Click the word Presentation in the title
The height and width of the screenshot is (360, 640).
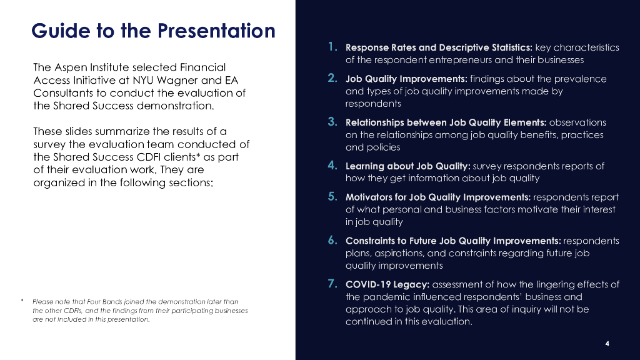click(216, 31)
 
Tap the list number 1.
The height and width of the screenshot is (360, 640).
click(333, 47)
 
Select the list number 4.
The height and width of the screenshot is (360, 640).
click(332, 165)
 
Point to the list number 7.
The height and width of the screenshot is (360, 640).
click(332, 284)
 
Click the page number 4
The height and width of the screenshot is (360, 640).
click(607, 344)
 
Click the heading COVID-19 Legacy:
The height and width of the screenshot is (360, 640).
click(387, 284)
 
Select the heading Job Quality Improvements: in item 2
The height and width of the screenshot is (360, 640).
click(406, 79)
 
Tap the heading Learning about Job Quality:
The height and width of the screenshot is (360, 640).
click(408, 166)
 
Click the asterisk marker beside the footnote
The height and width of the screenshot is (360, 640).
click(22, 301)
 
